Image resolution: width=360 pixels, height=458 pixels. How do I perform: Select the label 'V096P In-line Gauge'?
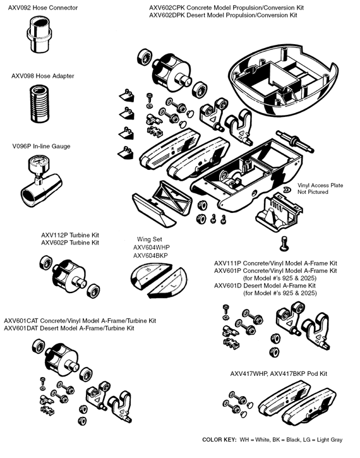pyautogui.click(x=40, y=147)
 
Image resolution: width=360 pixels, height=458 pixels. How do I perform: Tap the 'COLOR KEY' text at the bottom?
pyautogui.click(x=220, y=439)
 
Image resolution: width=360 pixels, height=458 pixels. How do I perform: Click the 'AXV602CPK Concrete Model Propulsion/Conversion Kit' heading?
pyautogui.click(x=225, y=6)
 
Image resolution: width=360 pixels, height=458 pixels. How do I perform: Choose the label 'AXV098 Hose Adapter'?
pyautogui.click(x=42, y=76)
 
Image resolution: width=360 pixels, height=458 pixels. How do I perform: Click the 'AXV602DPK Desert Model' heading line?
pyautogui.click(x=223, y=15)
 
